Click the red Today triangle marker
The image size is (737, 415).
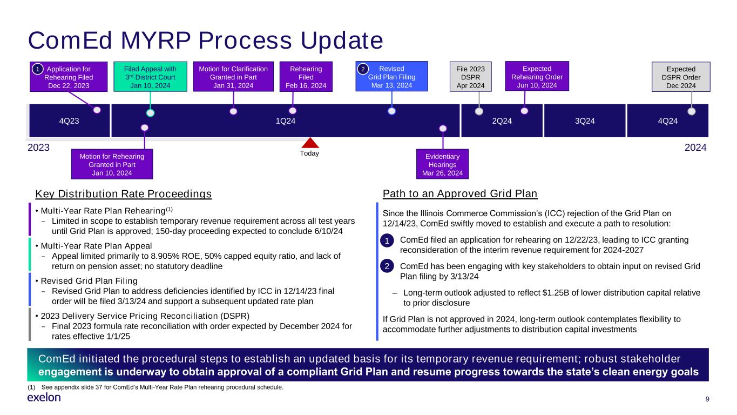click(310, 143)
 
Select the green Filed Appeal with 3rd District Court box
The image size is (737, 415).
click(150, 76)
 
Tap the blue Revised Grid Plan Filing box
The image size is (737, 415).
click(391, 76)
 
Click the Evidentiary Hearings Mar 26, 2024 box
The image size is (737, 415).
click(442, 164)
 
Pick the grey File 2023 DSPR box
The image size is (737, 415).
click(470, 77)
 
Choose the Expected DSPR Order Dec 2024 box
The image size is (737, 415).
click(681, 77)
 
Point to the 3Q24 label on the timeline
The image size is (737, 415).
click(585, 121)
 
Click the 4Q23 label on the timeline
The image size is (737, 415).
click(69, 121)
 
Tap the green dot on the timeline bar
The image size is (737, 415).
click(150, 113)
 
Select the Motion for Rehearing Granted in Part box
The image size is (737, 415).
click(112, 164)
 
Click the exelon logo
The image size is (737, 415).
click(44, 397)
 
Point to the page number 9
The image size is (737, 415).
click(707, 399)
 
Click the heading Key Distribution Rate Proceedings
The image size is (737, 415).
click(124, 193)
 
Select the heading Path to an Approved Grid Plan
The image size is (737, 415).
click(460, 193)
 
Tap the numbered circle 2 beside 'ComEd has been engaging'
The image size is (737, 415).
click(387, 266)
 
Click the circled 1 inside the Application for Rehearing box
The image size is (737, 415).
click(37, 69)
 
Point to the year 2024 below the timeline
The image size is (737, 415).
click(695, 147)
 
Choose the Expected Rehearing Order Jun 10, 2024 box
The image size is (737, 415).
click(537, 76)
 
